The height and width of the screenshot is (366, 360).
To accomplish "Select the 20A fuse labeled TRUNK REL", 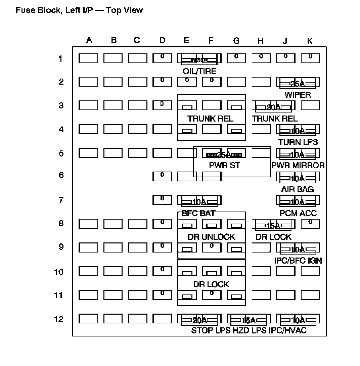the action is [273, 107].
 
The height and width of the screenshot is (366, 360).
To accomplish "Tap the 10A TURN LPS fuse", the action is [298, 130].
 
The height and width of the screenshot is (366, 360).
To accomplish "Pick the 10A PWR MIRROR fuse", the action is [298, 154].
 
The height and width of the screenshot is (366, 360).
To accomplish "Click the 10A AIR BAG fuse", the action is [298, 178].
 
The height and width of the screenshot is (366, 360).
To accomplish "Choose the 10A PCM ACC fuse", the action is [298, 201].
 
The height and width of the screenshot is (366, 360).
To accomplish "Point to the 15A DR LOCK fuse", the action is [273, 225].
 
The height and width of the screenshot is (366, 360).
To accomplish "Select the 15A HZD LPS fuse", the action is [249, 320].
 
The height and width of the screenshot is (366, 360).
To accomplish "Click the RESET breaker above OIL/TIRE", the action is [199, 59].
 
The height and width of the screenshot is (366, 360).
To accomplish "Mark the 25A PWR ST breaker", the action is [224, 154].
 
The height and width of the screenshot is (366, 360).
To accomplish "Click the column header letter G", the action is [236, 41].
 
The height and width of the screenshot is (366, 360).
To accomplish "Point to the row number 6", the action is [61, 175].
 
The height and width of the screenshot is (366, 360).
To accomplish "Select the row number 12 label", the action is [59, 319].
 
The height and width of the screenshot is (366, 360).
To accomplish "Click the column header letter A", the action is [89, 40].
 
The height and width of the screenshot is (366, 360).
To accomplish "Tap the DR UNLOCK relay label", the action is [211, 237].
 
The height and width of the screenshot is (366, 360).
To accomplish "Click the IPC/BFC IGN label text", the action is [298, 260].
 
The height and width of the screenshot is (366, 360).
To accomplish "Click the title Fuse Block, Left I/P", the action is [79, 10].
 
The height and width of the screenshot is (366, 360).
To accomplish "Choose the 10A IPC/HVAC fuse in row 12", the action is [298, 320].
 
